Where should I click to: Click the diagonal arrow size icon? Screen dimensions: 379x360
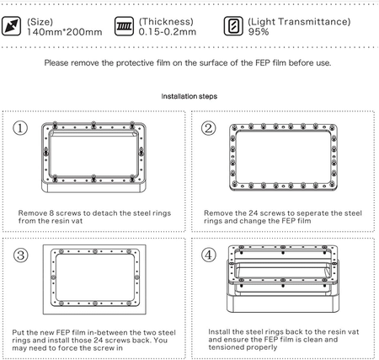click(11, 26)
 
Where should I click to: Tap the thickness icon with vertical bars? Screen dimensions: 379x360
click(124, 26)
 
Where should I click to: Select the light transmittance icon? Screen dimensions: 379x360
click(233, 26)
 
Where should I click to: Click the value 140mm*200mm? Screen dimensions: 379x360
click(65, 32)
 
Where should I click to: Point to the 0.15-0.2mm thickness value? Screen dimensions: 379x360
click(168, 32)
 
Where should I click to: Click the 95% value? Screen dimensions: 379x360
click(259, 32)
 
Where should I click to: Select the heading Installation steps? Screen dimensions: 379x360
click(189, 96)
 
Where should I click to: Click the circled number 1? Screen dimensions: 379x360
click(20, 128)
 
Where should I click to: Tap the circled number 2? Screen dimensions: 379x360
click(209, 128)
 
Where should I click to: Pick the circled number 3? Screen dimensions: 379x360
click(21, 255)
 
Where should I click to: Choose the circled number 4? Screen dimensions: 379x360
click(209, 255)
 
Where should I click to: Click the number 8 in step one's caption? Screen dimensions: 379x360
click(51, 213)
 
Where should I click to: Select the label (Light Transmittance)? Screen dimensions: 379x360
click(299, 22)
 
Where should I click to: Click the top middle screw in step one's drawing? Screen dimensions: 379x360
click(93, 124)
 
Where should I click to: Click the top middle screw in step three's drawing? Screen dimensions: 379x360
click(95, 251)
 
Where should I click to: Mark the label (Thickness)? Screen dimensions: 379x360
click(166, 22)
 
